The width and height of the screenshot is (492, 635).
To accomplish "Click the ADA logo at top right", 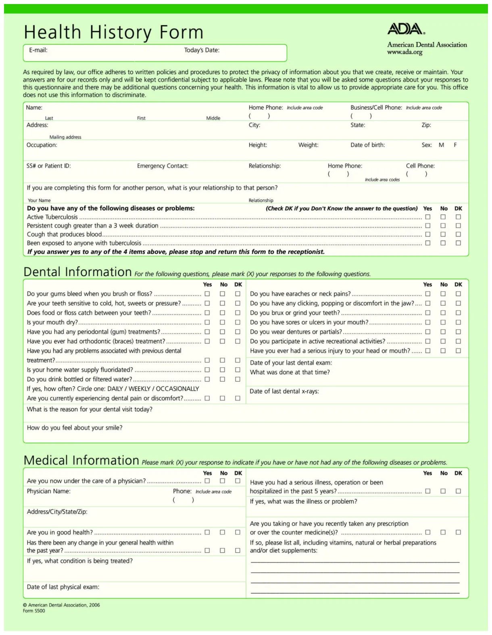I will click(x=406, y=29).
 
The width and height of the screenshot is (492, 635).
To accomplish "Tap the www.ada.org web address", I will click(x=404, y=52).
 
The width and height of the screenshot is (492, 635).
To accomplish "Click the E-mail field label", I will click(x=38, y=50).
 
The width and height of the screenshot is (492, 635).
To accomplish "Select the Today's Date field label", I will click(x=202, y=50).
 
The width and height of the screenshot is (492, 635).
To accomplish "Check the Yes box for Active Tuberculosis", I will click(x=427, y=217).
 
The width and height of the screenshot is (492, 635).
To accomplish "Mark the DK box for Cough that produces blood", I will click(x=458, y=234).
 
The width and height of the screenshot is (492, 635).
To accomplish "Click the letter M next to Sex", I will click(x=441, y=145).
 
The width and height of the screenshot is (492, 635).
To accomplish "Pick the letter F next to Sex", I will click(x=455, y=145).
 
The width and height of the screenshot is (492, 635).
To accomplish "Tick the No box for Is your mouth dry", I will click(x=222, y=322).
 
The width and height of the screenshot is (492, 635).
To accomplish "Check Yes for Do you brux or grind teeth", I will click(x=427, y=313).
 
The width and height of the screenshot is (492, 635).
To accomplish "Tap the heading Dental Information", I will click(x=77, y=272).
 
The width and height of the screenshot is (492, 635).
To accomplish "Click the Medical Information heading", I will click(x=81, y=461).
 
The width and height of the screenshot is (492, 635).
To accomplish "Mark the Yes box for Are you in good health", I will click(x=207, y=532).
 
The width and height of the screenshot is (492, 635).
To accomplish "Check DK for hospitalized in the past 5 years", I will click(x=458, y=491).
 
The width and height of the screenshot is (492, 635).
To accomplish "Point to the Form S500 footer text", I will click(x=34, y=611).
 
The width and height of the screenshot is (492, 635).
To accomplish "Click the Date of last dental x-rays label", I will click(x=284, y=391).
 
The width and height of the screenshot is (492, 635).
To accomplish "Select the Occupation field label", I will click(x=42, y=145).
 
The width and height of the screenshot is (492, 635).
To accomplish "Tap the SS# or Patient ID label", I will click(x=48, y=166).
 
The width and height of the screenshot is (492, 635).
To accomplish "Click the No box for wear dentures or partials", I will click(x=443, y=332).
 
